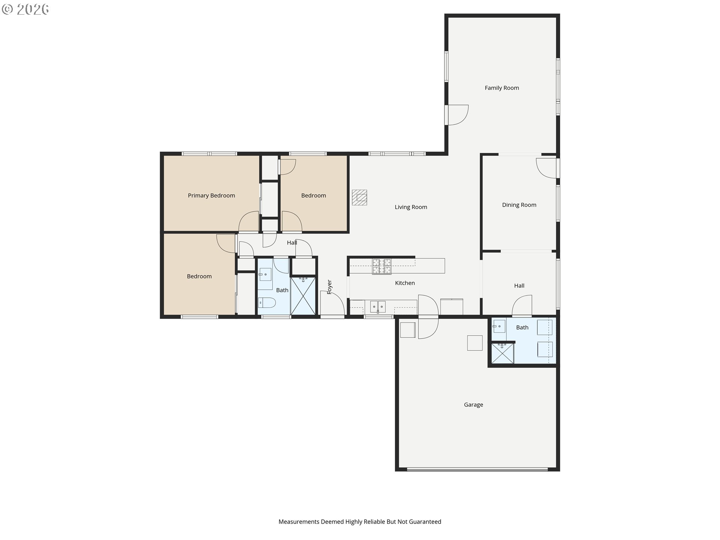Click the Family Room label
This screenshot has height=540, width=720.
(x=502, y=88)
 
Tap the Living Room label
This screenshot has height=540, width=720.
(x=411, y=207)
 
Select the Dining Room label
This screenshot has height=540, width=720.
(x=519, y=205)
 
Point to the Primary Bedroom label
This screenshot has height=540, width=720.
(x=211, y=195)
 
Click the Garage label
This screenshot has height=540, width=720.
(x=473, y=405)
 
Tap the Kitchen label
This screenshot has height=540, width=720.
(x=405, y=283)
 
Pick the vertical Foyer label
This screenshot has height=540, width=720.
(x=330, y=287)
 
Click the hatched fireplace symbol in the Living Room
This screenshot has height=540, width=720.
(x=359, y=198)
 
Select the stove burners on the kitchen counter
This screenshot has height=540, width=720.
(x=382, y=267)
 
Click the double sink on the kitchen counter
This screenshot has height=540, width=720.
(x=378, y=306)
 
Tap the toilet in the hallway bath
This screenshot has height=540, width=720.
(x=267, y=302)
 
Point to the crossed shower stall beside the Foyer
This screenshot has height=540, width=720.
(x=303, y=295)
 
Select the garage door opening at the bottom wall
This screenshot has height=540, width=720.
(x=477, y=469)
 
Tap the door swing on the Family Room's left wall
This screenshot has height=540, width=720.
(x=457, y=115)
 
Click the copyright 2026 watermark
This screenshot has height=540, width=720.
(x=25, y=9)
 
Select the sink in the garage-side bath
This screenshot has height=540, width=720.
(x=499, y=326)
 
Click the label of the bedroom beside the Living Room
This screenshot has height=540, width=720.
(x=313, y=195)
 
